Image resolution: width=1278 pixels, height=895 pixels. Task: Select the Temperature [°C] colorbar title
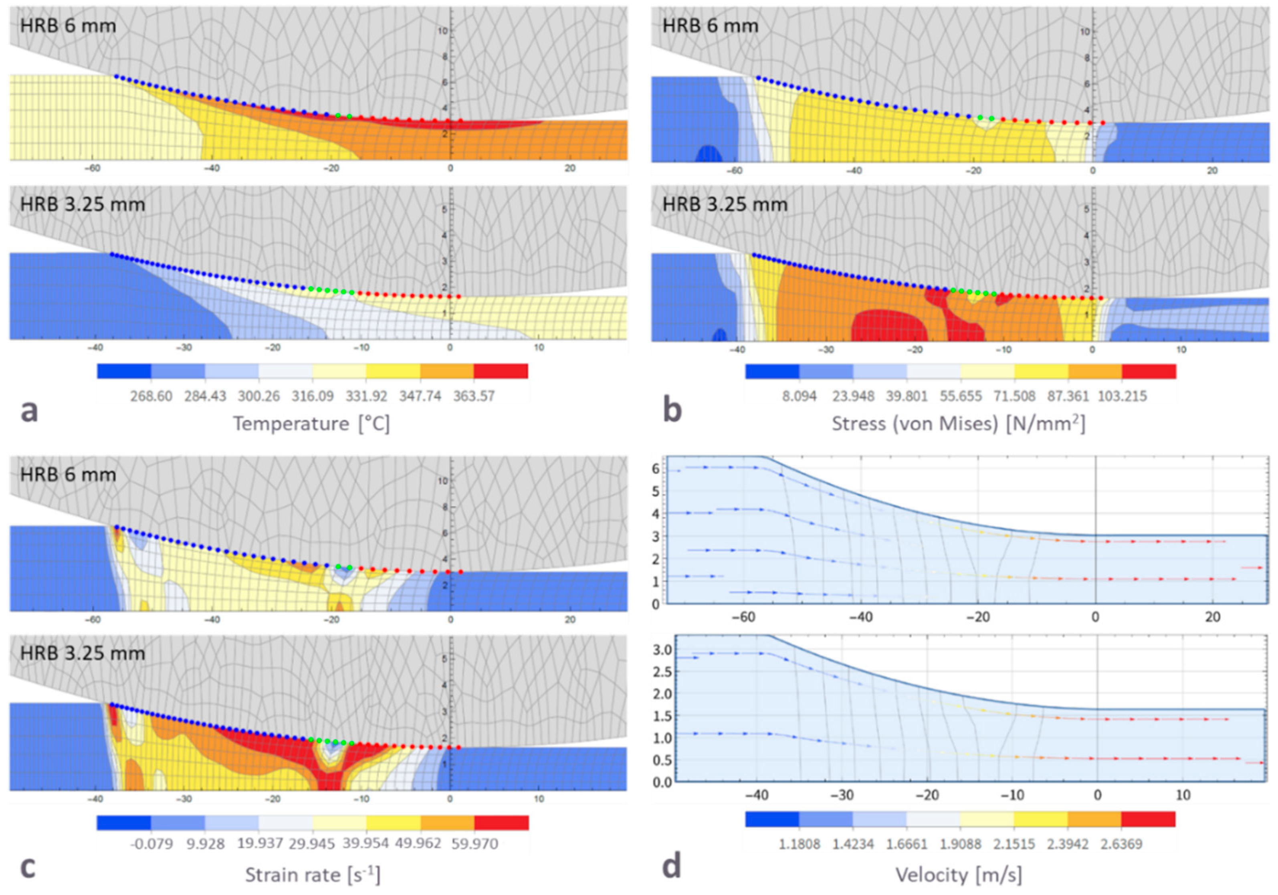point(311,424)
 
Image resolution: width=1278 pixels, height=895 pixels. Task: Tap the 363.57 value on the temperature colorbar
point(474,396)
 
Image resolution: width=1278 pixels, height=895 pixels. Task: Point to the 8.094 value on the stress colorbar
point(800,396)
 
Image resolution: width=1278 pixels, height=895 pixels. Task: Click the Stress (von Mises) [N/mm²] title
point(959,424)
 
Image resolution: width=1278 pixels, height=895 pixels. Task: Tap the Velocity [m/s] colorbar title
point(959,875)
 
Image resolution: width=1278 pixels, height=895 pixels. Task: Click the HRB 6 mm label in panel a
point(68,26)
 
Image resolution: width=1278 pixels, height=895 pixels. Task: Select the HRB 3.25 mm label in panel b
point(725,204)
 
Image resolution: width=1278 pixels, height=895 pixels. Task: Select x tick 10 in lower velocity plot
point(1183,795)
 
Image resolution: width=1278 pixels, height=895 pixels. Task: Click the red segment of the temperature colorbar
point(501,371)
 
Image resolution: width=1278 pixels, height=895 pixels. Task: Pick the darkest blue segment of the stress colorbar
point(772,371)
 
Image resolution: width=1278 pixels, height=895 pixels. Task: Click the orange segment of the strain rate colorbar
point(447,822)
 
